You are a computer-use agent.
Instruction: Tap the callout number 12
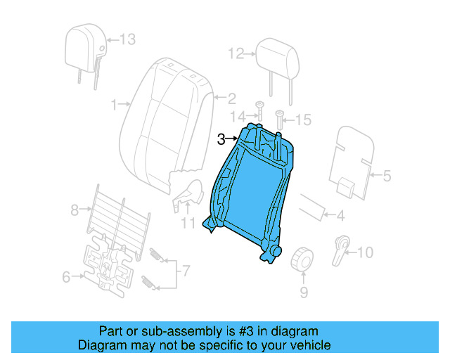[x=235, y=53]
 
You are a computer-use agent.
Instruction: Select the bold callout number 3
[x=221, y=139]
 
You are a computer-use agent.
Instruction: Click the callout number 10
[x=366, y=252]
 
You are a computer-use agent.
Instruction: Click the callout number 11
[x=187, y=224]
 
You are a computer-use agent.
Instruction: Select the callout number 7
[x=185, y=270]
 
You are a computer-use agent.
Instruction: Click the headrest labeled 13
[x=84, y=48]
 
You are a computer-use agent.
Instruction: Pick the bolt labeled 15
[x=280, y=120]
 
